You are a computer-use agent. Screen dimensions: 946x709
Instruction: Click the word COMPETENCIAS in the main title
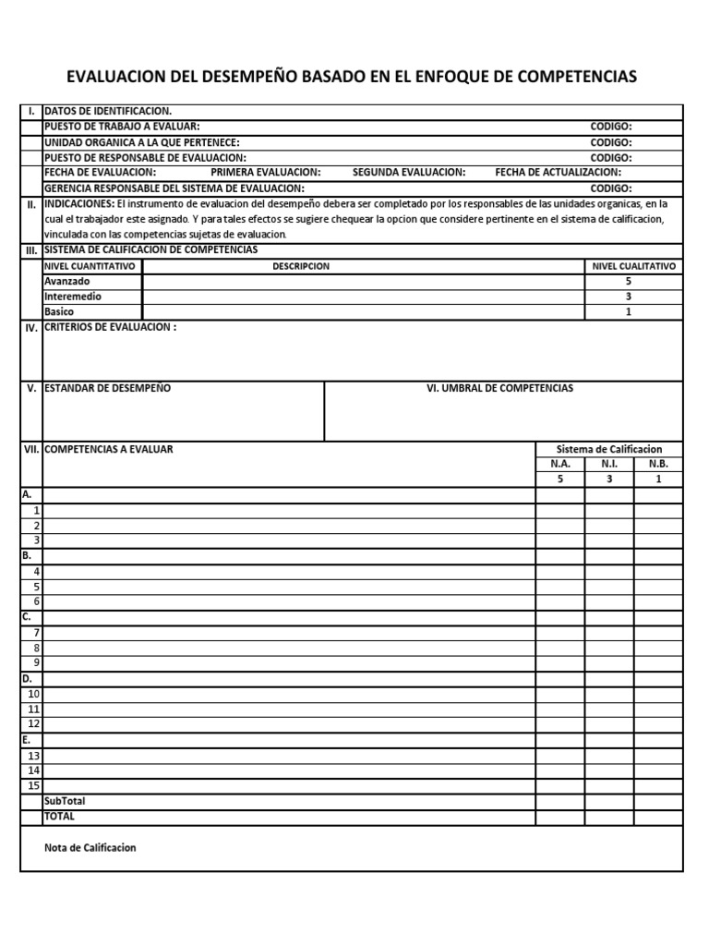pyautogui.click(x=576, y=77)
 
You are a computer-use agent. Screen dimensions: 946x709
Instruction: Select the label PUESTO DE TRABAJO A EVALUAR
pyautogui.click(x=121, y=127)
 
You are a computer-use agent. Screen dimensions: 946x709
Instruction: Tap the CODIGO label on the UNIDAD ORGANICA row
pyautogui.click(x=611, y=142)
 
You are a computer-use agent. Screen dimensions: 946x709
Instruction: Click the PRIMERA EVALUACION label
pyautogui.click(x=266, y=173)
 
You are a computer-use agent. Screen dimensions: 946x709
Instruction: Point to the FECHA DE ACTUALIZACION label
pyautogui.click(x=558, y=173)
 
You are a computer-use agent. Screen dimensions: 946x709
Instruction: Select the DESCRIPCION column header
pyautogui.click(x=300, y=266)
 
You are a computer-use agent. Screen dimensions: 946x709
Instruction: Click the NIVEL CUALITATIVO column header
pyautogui.click(x=633, y=266)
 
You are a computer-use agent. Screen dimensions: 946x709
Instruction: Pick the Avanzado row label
pyautogui.click(x=67, y=281)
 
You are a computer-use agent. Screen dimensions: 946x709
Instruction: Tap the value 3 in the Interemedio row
pyautogui.click(x=629, y=297)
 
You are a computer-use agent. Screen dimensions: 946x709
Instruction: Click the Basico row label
pyautogui.click(x=59, y=312)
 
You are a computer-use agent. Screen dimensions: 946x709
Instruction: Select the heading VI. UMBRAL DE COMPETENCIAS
pyautogui.click(x=499, y=389)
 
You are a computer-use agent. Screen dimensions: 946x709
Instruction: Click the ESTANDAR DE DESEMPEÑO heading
pyautogui.click(x=107, y=389)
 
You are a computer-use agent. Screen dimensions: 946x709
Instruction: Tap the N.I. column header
pyautogui.click(x=609, y=465)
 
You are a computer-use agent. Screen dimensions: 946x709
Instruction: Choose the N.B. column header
pyautogui.click(x=658, y=465)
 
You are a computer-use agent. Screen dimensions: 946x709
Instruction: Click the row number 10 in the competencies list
pyautogui.click(x=33, y=694)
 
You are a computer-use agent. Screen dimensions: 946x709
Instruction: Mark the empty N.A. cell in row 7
pyautogui.click(x=560, y=633)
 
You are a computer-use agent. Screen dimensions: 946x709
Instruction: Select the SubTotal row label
pyautogui.click(x=65, y=801)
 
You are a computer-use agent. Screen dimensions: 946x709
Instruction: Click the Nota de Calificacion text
pyautogui.click(x=90, y=848)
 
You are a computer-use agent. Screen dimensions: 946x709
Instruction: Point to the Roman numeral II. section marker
pyautogui.click(x=31, y=205)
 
